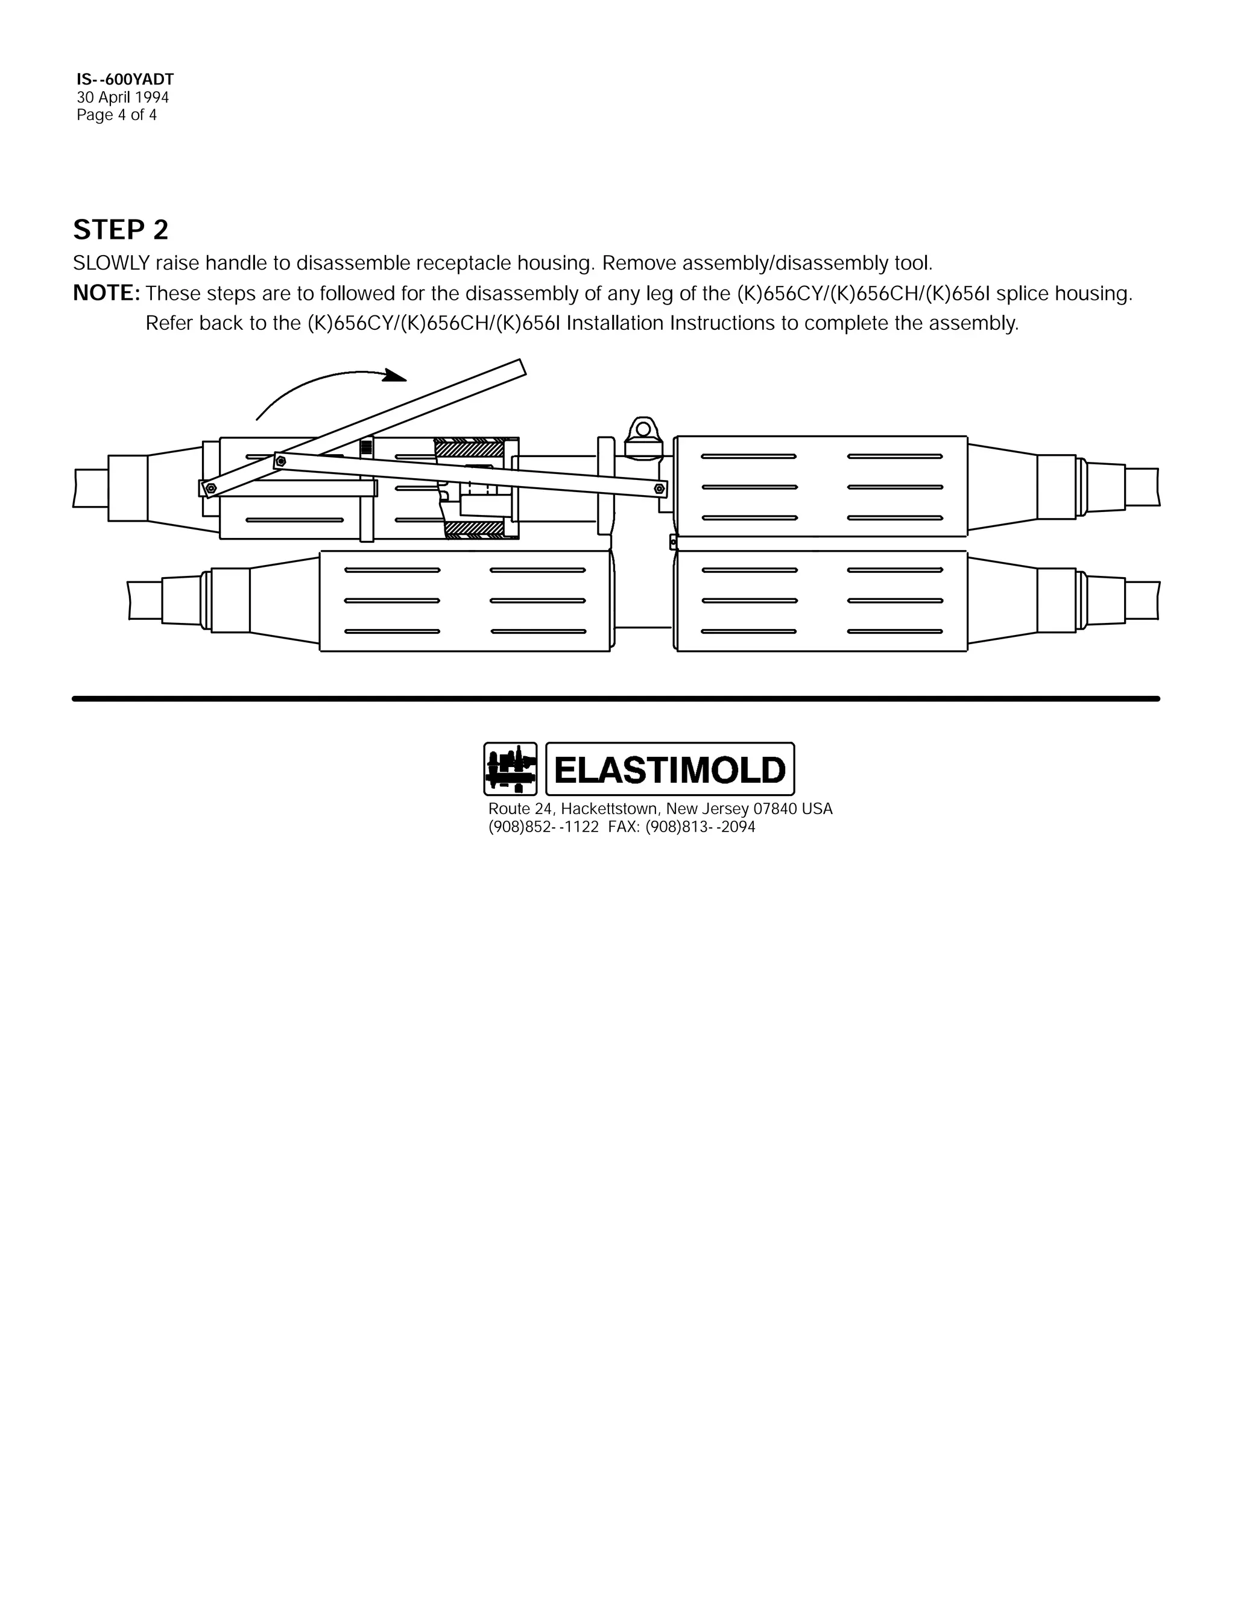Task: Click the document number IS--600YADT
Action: pos(125,79)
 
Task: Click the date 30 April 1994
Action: pos(123,97)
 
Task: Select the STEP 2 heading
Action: pos(121,230)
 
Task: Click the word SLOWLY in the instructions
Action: pos(111,263)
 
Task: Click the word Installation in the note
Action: pos(616,323)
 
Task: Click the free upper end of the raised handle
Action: pos(520,367)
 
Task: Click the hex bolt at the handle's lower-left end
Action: pos(210,488)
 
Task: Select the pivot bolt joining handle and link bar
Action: pos(280,461)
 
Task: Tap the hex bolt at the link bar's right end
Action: pos(659,487)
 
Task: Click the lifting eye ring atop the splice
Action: pos(643,426)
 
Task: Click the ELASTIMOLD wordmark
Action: pos(669,769)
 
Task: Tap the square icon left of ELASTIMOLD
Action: pos(510,769)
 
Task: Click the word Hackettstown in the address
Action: pos(608,809)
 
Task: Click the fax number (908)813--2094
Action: pos(700,827)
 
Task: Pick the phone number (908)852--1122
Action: pos(543,827)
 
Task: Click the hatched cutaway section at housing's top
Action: pos(470,447)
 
